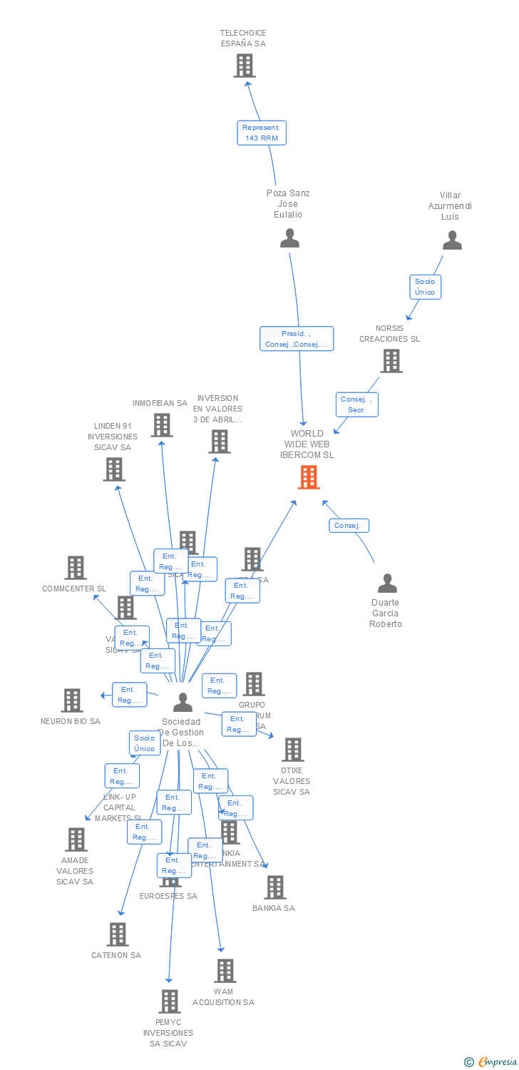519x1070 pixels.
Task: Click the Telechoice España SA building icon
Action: pos(245,66)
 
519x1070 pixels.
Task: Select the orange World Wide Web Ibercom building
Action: pos(309,477)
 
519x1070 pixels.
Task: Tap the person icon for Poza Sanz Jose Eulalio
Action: pos(289,238)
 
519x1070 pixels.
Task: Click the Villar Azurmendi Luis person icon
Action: pos(452,241)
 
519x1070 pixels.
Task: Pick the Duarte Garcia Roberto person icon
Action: pos(387,584)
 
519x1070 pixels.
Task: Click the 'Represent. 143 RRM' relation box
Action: pos(262,133)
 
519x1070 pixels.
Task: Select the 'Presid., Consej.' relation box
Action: pos(297,339)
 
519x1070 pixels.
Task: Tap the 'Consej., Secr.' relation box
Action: pos(357,404)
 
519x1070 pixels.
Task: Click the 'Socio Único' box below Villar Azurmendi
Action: pos(425,287)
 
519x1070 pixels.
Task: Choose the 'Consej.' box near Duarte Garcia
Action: pos(349,526)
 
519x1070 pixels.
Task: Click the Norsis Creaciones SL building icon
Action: pos(391,361)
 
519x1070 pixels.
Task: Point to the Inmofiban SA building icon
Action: pos(162,425)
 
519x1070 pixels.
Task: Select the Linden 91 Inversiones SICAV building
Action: pos(114,469)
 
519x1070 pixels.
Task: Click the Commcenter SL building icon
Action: pos(76,568)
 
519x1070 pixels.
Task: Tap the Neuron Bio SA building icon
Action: pos(72,700)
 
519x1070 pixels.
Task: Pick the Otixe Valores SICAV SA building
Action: pos(292,750)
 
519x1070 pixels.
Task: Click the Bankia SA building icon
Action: pos(274,887)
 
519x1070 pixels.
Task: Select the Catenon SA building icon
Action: pos(118,934)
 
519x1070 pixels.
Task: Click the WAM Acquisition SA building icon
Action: pos(225,971)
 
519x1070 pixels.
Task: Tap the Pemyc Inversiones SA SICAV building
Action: pos(170,1002)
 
